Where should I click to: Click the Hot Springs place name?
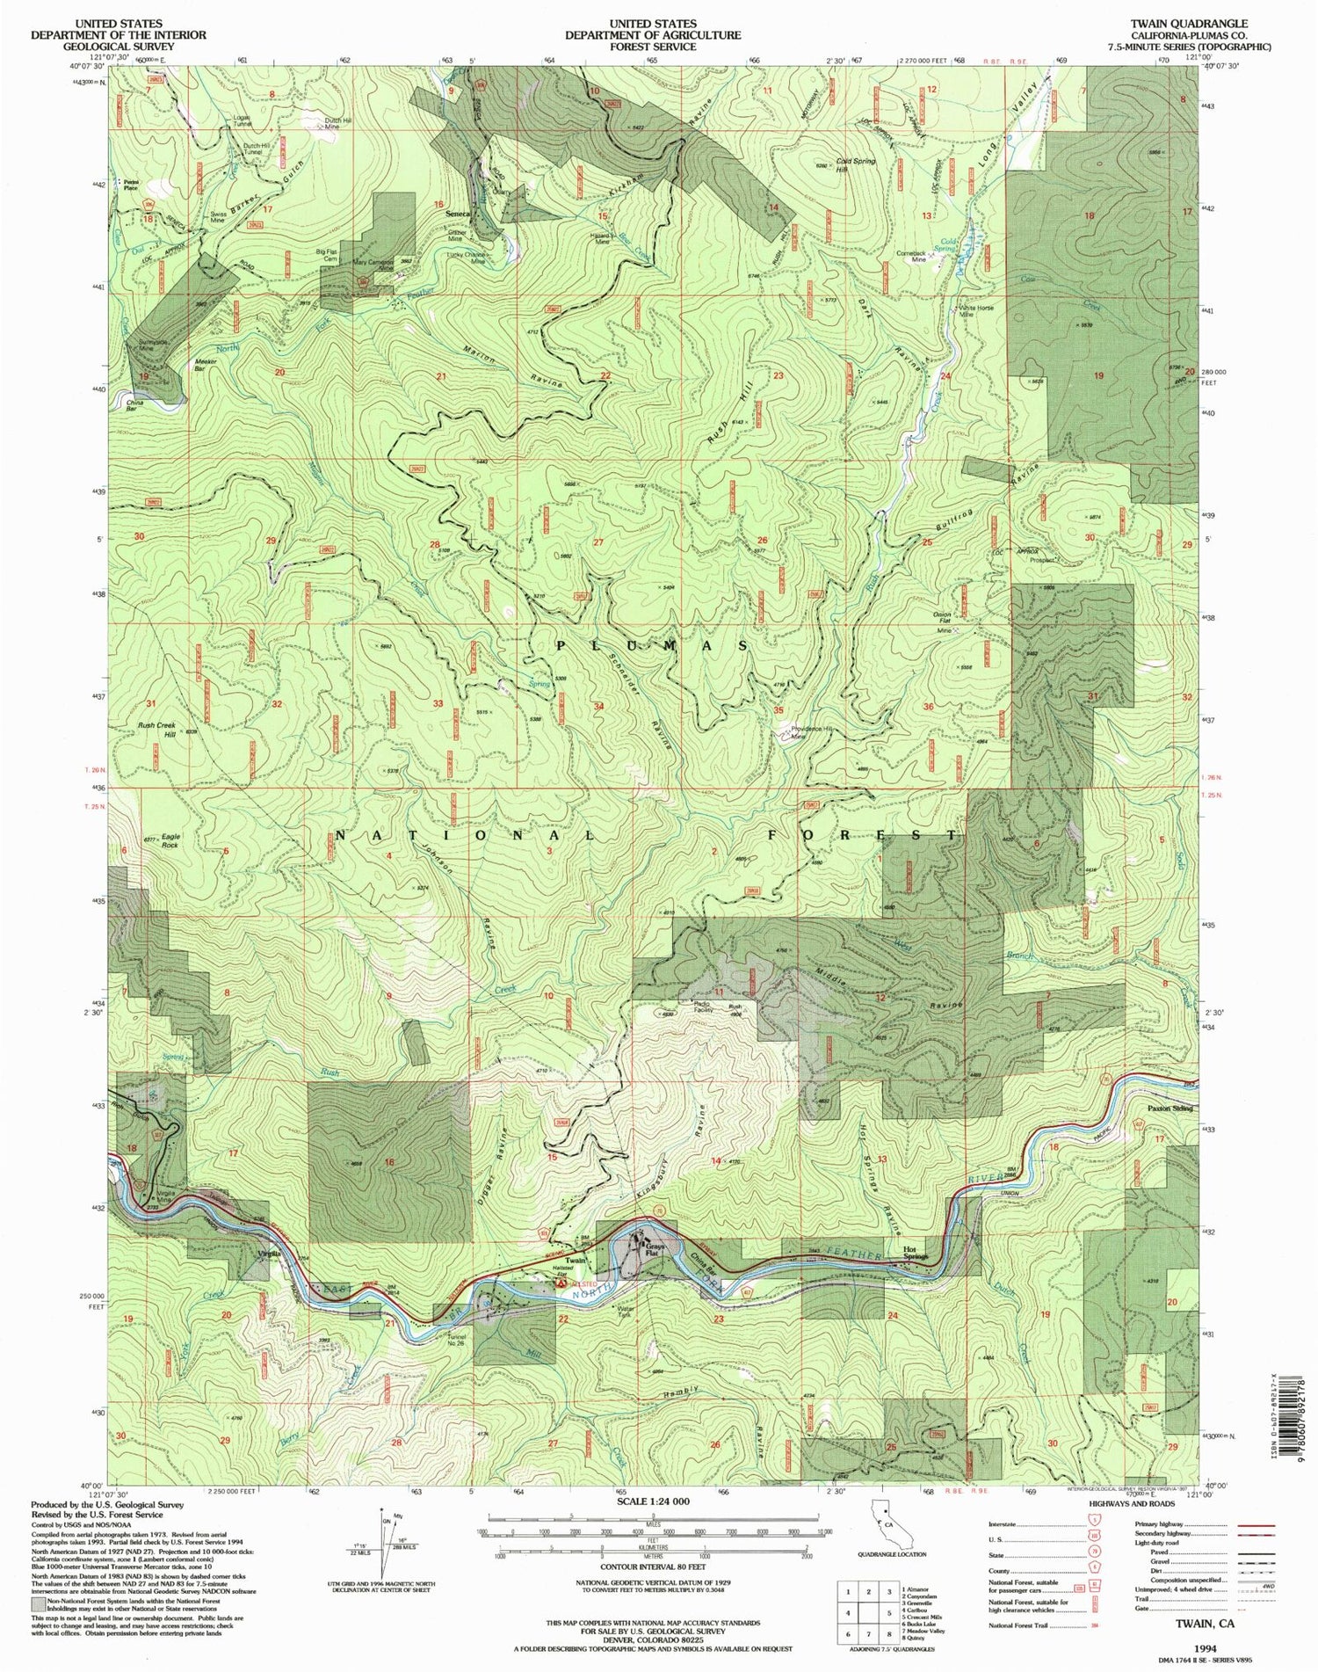click(x=915, y=1257)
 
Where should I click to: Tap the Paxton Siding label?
click(x=1170, y=1109)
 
